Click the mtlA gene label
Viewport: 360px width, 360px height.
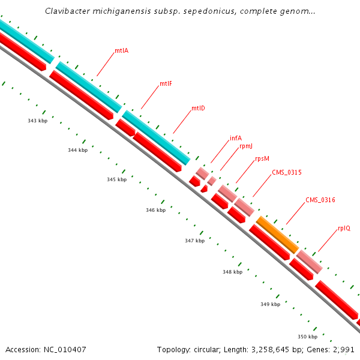click(121, 51)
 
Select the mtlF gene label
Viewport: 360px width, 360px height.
click(166, 83)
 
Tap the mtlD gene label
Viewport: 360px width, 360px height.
click(198, 109)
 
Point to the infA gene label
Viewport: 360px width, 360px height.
click(236, 138)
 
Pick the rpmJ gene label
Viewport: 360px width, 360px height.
click(246, 146)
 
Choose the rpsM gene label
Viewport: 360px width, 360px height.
click(262, 159)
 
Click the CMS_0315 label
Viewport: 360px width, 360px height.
click(286, 172)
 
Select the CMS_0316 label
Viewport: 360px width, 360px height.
click(320, 200)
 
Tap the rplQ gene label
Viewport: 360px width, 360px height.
click(344, 228)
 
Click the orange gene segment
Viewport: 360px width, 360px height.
click(277, 235)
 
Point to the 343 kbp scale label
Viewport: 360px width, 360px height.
click(37, 121)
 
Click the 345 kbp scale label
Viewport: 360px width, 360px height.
click(116, 179)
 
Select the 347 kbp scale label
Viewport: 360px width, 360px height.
click(194, 241)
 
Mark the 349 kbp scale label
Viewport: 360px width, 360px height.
click(270, 304)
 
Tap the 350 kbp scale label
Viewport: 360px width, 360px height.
click(307, 337)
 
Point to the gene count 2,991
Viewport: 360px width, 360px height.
click(343, 349)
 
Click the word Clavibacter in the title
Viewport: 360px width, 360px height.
click(67, 11)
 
